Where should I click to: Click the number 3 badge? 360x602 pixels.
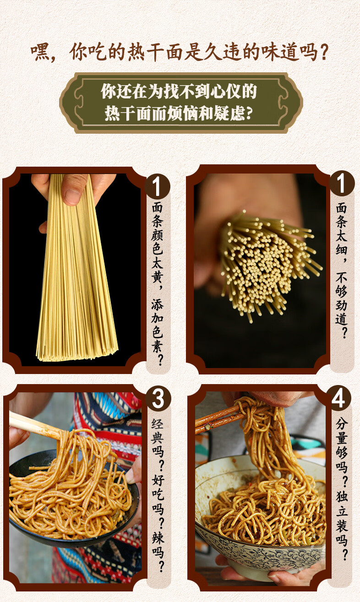tap(158, 399)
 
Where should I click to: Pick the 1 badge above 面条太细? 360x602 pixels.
tap(341, 183)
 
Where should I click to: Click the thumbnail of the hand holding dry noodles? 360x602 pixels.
tap(75, 270)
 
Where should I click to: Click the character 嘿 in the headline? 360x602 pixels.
tap(40, 52)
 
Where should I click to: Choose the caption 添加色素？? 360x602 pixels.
tap(157, 332)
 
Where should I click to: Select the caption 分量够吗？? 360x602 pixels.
tap(342, 450)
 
